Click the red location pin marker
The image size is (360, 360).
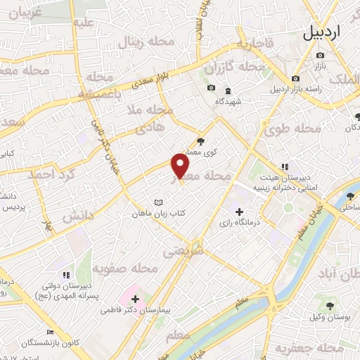click(181, 167)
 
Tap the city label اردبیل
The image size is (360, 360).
click(330, 33)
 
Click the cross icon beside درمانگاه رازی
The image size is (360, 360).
click(239, 211)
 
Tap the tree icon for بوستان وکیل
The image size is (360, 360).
click(330, 304)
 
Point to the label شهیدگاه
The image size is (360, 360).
click(228, 102)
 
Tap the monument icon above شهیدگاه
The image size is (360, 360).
click(228, 91)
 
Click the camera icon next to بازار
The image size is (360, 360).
click(321, 55)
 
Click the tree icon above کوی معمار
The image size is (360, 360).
click(200, 140)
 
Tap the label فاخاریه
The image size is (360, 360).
click(254, 44)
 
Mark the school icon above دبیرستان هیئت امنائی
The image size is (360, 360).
click(285, 167)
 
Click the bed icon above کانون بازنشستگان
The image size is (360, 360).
click(49, 333)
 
